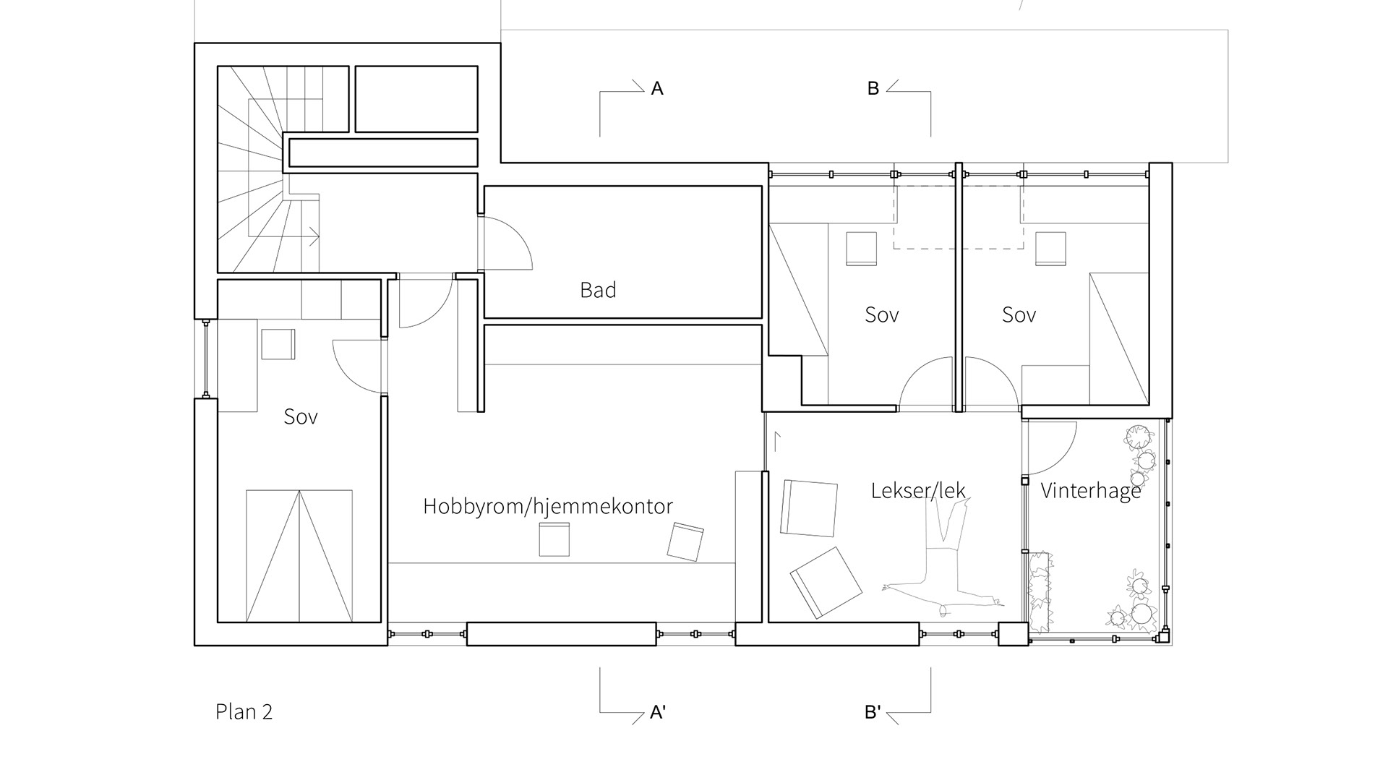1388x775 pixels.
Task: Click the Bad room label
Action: point(598,290)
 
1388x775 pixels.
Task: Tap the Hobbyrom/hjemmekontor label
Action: point(547,506)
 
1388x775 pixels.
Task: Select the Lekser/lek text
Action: point(918,491)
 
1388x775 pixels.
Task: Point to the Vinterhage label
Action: point(1090,491)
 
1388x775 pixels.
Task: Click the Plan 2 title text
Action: point(244,711)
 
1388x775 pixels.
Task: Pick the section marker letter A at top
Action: point(657,88)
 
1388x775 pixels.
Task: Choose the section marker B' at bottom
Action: point(873,712)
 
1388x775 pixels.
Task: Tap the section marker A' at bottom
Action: point(658,712)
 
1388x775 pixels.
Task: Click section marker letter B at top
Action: point(873,88)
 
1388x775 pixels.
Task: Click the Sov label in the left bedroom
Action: point(301,416)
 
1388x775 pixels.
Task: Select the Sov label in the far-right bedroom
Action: point(1019,314)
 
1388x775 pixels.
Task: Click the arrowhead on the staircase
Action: point(315,233)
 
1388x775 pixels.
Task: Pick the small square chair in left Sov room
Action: point(278,344)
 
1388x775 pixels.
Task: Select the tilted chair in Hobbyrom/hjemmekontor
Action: point(685,542)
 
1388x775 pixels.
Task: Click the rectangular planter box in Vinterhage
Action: point(1040,589)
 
